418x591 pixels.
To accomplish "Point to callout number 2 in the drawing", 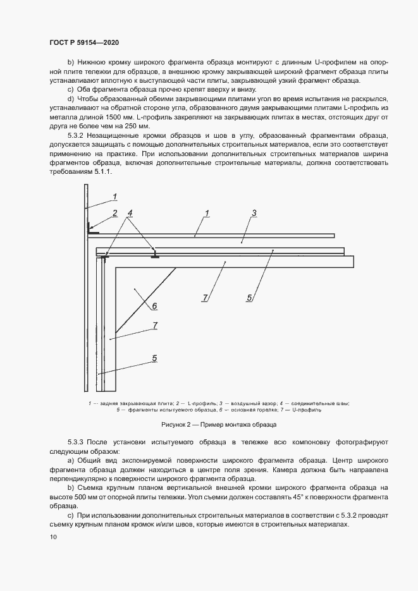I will coord(114,213).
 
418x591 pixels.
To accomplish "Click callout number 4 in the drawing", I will coord(130,213).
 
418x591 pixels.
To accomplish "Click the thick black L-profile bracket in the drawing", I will coord(92,231).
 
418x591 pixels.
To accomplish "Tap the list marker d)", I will coord(71,99).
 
